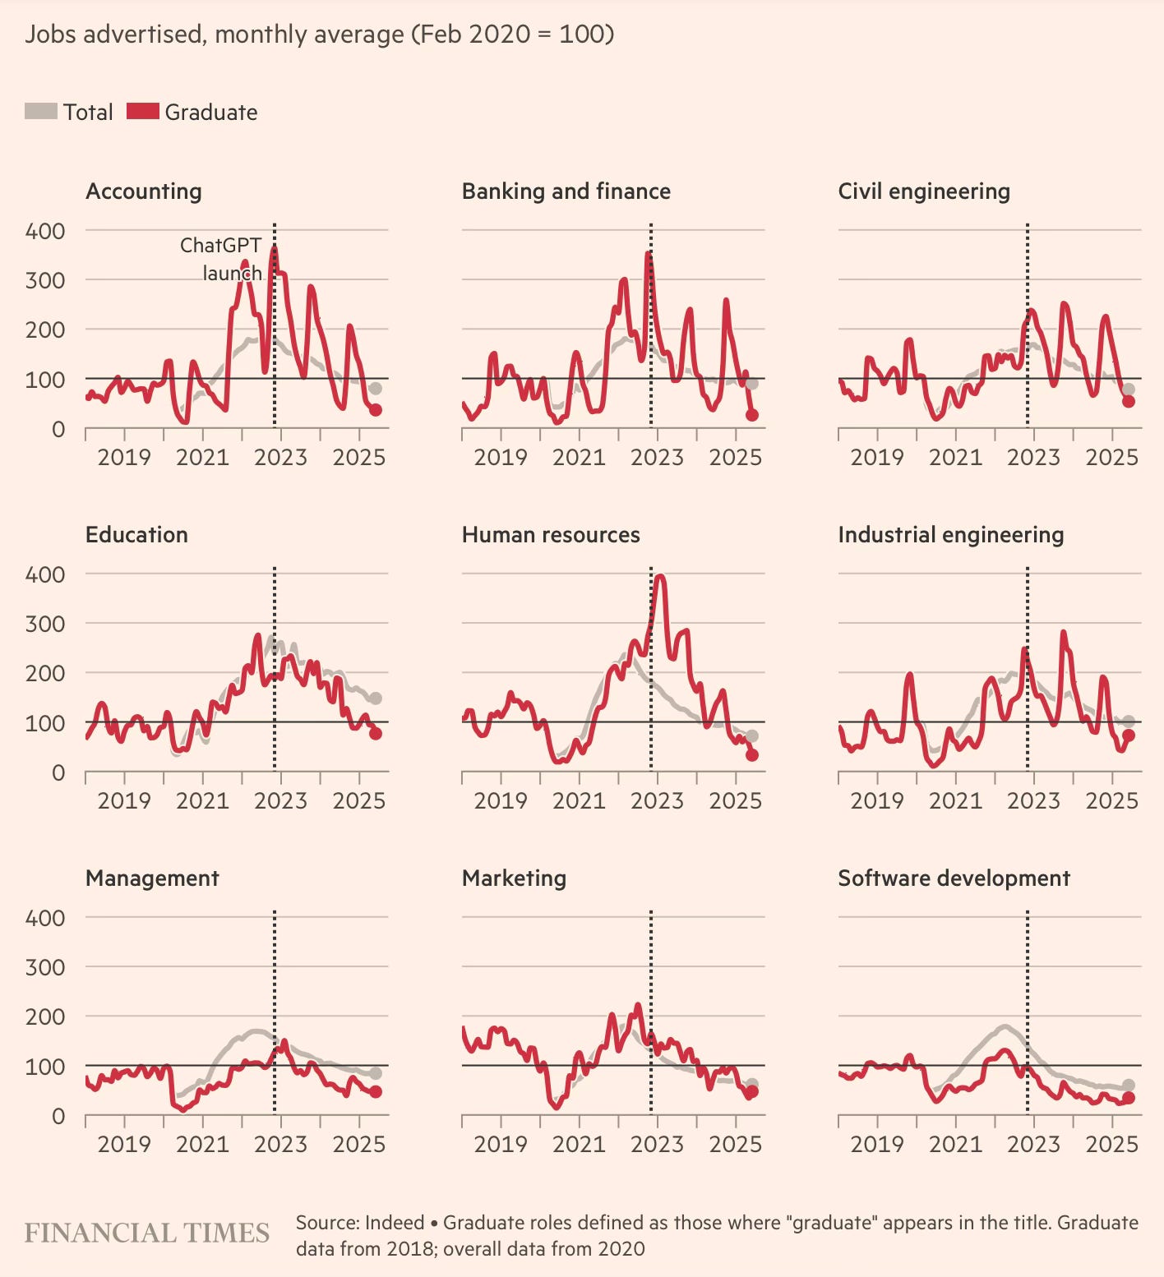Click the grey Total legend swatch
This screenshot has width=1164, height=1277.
tap(41, 111)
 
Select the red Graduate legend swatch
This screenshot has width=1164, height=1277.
tap(142, 111)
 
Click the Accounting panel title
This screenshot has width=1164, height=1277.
tap(144, 191)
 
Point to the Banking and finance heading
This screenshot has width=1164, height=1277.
tap(566, 191)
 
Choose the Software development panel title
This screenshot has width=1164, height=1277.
tap(954, 878)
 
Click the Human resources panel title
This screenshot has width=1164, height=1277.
tap(551, 535)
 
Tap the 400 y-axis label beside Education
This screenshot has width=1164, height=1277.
tap(45, 574)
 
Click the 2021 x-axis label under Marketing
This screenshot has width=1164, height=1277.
tap(579, 1144)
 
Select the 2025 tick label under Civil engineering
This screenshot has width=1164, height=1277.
tap(1111, 457)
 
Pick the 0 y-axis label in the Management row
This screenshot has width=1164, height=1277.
tap(58, 1116)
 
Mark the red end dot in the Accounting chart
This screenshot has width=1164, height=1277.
tap(375, 410)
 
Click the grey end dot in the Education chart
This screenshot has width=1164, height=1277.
tap(375, 698)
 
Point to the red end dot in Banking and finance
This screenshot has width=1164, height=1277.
tap(751, 415)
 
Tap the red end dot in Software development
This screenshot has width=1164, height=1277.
tap(1128, 1098)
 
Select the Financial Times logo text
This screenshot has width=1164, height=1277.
tap(147, 1233)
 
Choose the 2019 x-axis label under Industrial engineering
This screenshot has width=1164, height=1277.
tap(877, 800)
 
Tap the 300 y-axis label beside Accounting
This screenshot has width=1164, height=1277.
tap(45, 280)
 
